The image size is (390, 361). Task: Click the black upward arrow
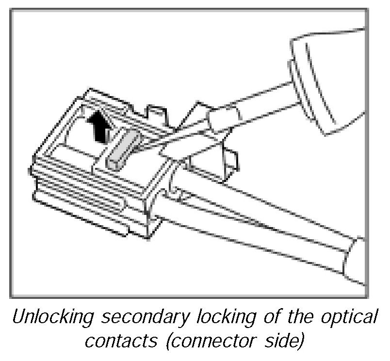click(98, 127)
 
